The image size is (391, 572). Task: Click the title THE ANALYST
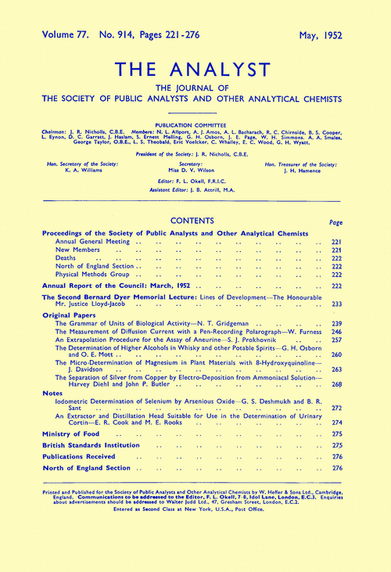point(195,67)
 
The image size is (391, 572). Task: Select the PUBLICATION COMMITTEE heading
point(195,123)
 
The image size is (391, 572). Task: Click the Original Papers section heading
point(74,314)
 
